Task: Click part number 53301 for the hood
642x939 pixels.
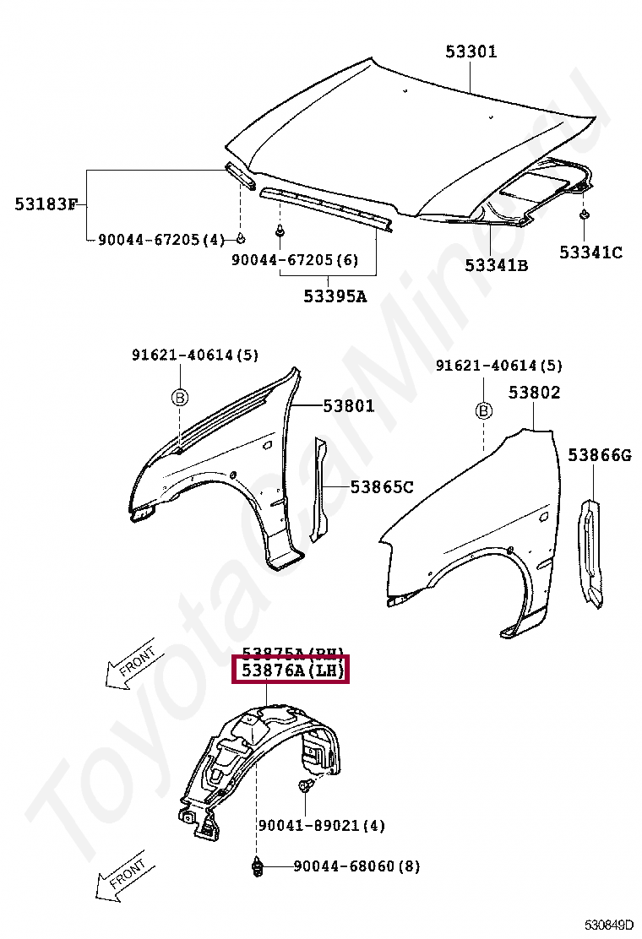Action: click(x=471, y=52)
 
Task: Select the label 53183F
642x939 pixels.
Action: click(x=46, y=204)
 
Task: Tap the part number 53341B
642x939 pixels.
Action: click(x=496, y=265)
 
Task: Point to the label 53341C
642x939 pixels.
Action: click(x=590, y=252)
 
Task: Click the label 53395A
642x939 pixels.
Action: click(x=335, y=296)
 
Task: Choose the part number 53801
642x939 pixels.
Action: click(x=348, y=406)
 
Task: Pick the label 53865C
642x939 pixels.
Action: click(x=382, y=486)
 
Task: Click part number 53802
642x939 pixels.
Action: click(x=534, y=393)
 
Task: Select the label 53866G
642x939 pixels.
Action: click(x=599, y=456)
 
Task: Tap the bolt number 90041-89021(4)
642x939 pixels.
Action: click(x=321, y=825)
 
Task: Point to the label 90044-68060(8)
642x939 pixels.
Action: click(x=356, y=866)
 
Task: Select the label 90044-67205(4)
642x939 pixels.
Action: click(x=160, y=240)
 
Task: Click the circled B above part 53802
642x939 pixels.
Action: click(x=484, y=411)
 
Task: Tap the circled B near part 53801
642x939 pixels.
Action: click(x=180, y=398)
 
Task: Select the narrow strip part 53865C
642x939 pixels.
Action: click(x=320, y=490)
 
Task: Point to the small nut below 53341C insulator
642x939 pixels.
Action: click(x=584, y=216)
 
